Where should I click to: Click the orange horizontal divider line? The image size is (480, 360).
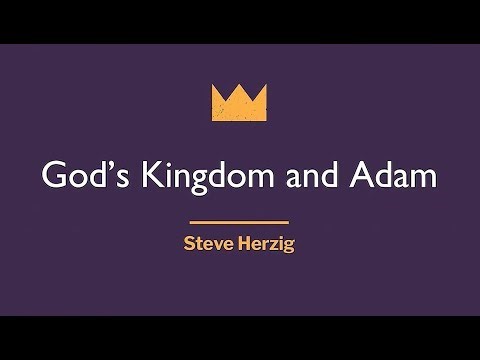pyautogui.click(x=239, y=221)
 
